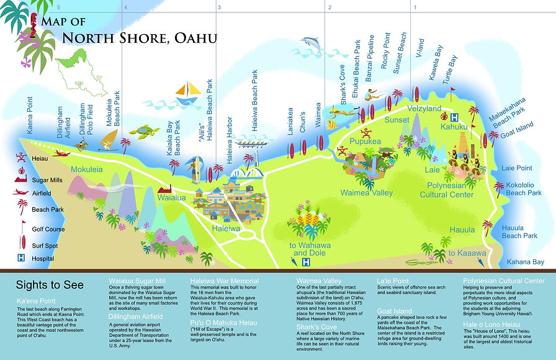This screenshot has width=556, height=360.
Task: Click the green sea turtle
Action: [148, 131]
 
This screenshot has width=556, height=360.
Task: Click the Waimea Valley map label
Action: [366, 193]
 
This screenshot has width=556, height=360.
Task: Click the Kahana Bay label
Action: [525, 262]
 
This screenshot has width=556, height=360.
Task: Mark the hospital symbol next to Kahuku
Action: [454, 117]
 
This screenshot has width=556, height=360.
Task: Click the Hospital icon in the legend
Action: [20, 258]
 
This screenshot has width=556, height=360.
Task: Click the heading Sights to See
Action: [49, 286]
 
